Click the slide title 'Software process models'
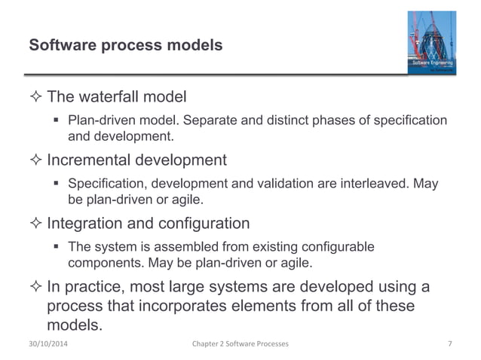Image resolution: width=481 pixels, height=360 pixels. [x=125, y=46]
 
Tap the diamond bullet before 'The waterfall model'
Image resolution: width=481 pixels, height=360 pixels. [x=35, y=97]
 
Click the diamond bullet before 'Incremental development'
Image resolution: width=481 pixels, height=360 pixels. [x=35, y=160]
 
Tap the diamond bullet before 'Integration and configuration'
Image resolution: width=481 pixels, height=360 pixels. [x=35, y=223]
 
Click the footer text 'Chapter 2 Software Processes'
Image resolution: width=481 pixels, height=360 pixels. [x=240, y=344]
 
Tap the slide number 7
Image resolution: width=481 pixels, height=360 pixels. [x=449, y=344]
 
